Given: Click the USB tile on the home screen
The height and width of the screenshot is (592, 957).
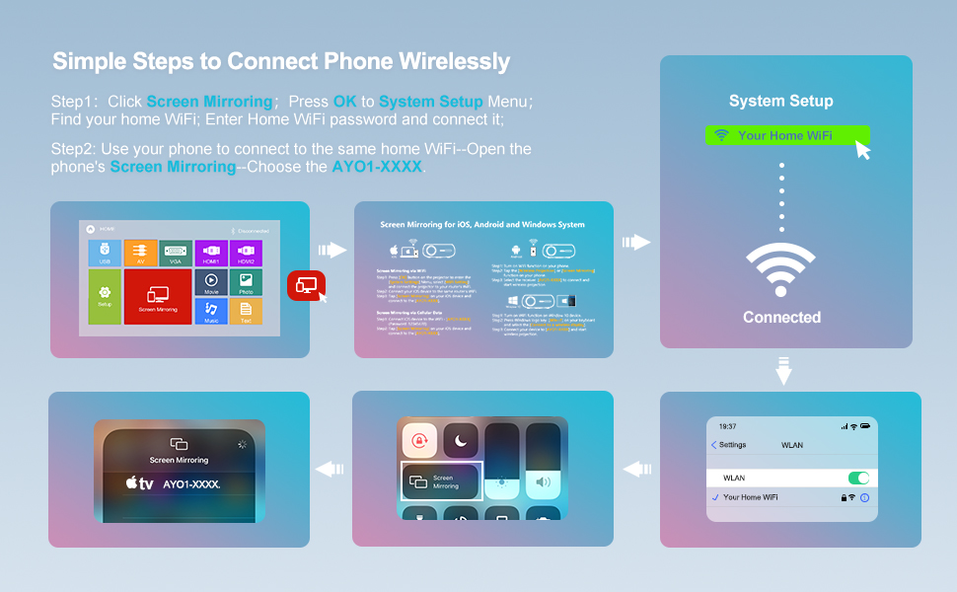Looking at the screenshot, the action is [106, 254].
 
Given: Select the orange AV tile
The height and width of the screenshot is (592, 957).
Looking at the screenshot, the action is [140, 254].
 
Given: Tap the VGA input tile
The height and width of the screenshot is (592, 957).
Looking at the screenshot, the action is [175, 254].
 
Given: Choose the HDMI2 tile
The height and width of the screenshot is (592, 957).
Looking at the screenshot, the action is [246, 254].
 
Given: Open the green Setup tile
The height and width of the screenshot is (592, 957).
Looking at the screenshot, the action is [106, 297].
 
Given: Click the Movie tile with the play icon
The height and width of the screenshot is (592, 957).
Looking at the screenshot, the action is [211, 284].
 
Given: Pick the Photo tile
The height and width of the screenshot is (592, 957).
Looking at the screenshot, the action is [246, 284].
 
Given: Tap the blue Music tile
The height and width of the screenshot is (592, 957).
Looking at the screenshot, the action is [211, 313].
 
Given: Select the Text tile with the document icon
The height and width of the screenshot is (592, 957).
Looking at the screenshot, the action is [246, 313].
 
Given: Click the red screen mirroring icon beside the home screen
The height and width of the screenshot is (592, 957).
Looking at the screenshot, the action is [306, 285].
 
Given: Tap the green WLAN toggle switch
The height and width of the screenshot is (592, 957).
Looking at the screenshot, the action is [858, 479].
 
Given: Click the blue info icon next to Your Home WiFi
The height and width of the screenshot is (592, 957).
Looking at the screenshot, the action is [864, 498].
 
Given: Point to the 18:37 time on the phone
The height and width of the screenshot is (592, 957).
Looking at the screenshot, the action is [727, 426].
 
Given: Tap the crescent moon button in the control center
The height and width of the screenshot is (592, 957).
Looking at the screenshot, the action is [459, 443].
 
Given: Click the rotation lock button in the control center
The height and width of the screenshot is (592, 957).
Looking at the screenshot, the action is [418, 443].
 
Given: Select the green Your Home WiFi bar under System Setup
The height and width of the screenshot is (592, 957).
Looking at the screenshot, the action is [786, 135].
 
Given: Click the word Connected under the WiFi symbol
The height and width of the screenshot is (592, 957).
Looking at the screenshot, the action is [781, 318].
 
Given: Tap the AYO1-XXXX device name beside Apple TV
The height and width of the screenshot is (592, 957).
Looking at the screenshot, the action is [191, 484].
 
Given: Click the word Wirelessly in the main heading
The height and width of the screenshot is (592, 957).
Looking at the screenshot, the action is [455, 61].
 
